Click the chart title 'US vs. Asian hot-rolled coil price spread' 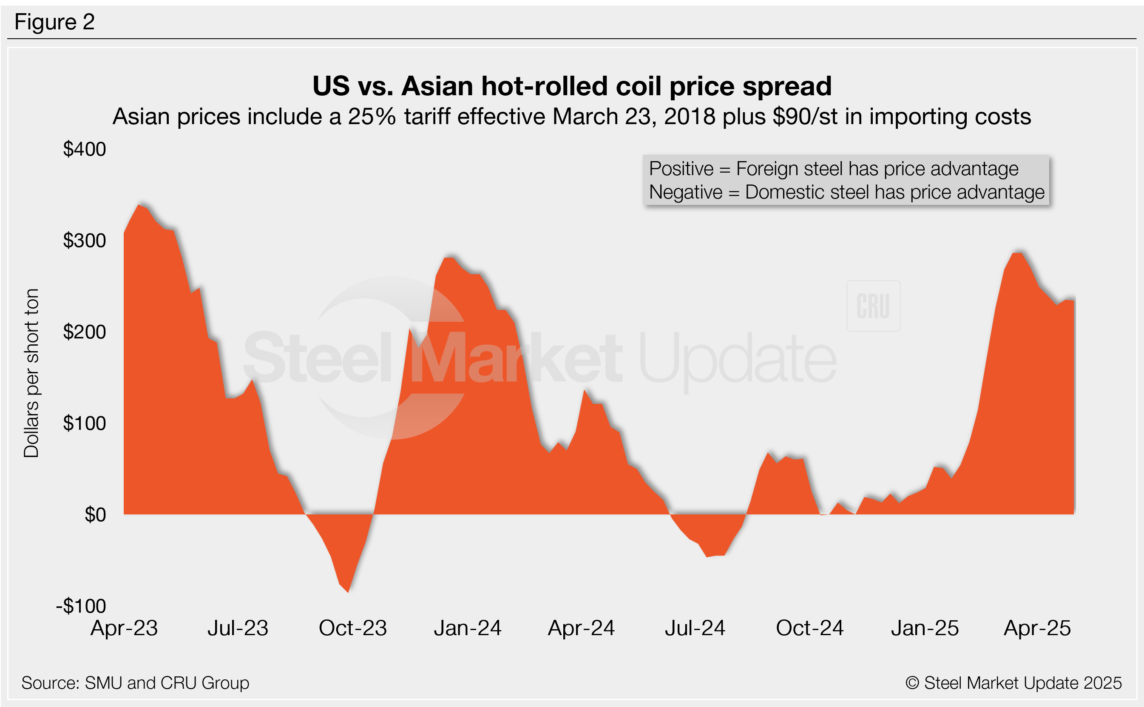pos(572,86)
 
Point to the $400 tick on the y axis pos(85,150)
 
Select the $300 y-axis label pos(85,241)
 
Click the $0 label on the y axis pos(95,515)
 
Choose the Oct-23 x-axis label pos(352,628)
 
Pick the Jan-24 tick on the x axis pos(468,628)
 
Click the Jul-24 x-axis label pos(695,628)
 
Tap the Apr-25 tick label pos(1037,628)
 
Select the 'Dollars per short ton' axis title pos(31,373)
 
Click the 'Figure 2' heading pos(55,22)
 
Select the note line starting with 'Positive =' pos(834,169)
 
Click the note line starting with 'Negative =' pos(847,192)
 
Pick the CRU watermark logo pos(873,306)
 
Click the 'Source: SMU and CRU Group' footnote pos(136,683)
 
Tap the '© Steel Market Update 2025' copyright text pos(1013,683)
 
